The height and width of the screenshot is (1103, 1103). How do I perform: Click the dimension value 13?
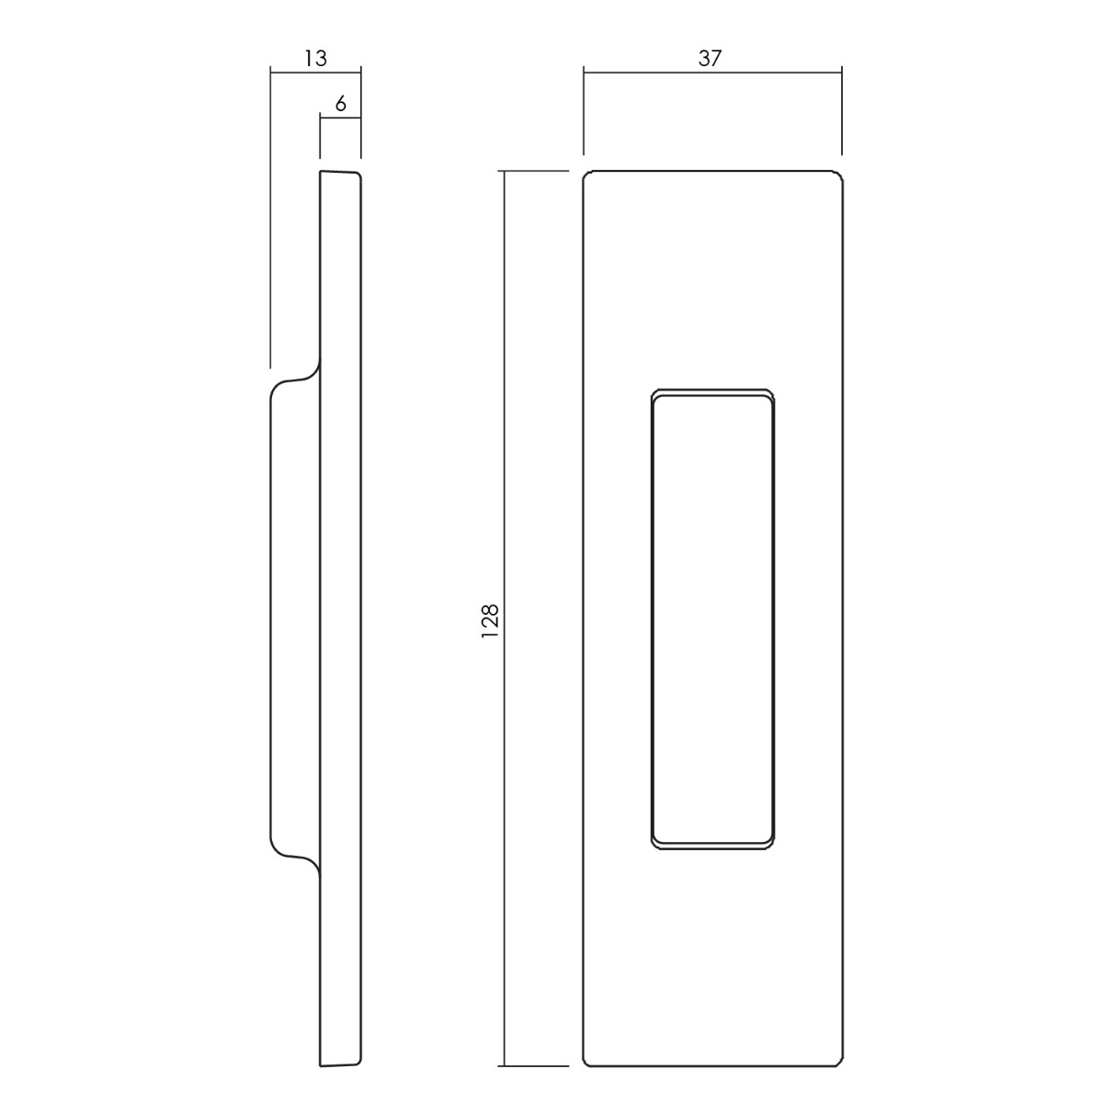[x=315, y=59]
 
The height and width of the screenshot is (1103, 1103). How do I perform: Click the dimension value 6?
[x=341, y=104]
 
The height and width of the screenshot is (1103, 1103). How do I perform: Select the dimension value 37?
[x=710, y=59]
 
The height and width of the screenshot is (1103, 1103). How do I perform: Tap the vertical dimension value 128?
[x=491, y=621]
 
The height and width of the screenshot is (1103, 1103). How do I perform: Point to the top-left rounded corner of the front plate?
[x=586, y=174]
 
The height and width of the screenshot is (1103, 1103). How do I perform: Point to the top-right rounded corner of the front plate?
[x=839, y=174]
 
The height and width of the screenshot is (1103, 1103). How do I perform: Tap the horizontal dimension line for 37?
[x=712, y=73]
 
